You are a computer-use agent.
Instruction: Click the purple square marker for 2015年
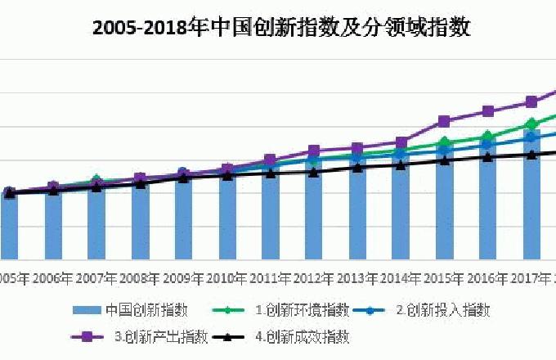click(444, 121)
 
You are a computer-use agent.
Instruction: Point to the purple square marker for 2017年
click(531, 102)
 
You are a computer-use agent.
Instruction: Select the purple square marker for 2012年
click(314, 151)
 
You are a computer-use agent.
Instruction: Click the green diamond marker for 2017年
click(531, 124)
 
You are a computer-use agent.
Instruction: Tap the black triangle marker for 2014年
click(401, 164)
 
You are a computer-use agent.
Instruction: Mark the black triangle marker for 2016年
click(487, 156)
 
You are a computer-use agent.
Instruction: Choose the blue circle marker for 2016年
click(487, 145)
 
